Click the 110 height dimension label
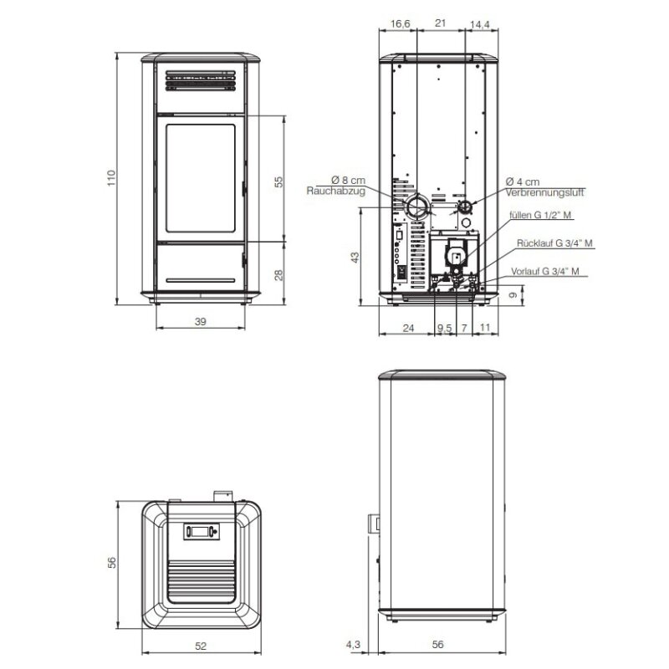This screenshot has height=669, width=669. [111, 178]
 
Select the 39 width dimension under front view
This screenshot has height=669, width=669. [201, 321]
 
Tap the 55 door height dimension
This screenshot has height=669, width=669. [278, 181]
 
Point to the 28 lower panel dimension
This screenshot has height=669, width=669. [278, 275]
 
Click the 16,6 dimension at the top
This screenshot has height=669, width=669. [401, 23]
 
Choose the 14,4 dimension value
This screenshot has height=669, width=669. [479, 25]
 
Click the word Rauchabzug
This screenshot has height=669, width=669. [336, 191]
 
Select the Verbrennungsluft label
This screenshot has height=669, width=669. [544, 192]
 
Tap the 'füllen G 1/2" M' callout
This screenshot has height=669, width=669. [540, 215]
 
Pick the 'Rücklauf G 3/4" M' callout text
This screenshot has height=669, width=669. [554, 243]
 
